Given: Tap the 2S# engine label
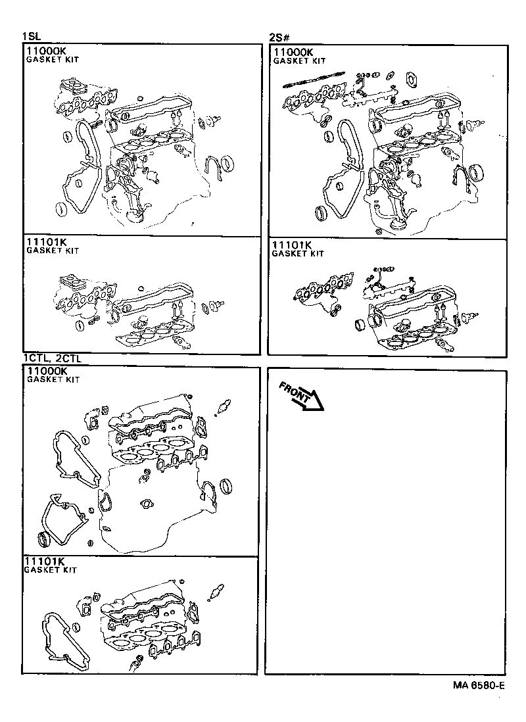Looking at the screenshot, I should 277,37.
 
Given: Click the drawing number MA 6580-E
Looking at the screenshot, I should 478,685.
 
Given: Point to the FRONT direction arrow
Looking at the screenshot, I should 299,396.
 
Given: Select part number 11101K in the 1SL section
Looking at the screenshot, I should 46,242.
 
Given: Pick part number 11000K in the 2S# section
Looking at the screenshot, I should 294,52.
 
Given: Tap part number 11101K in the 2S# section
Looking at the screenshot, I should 293,245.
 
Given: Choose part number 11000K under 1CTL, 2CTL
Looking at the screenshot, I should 47,371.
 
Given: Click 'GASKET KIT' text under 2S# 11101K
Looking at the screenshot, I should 298,253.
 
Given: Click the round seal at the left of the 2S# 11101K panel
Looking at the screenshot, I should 360,325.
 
